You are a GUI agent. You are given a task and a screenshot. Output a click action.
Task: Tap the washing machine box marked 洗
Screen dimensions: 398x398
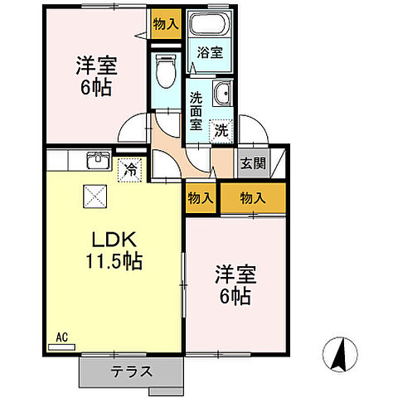pyautogui.click(x=221, y=129)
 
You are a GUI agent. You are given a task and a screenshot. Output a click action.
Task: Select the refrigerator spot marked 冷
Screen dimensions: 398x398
pyautogui.click(x=130, y=169)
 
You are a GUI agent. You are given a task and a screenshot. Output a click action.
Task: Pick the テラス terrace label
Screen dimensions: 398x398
pyautogui.click(x=131, y=371)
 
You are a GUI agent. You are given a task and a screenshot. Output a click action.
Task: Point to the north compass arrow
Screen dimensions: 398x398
pyautogui.click(x=339, y=354)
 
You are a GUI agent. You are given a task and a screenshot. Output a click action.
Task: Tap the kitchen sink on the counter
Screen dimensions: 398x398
pyautogui.click(x=98, y=158)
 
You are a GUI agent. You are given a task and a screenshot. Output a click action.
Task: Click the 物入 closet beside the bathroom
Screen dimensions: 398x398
pyautogui.click(x=165, y=24)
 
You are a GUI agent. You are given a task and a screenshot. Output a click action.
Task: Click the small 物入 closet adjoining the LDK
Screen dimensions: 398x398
pyautogui.click(x=200, y=198)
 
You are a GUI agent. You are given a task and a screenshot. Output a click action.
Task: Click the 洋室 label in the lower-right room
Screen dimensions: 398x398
pyautogui.click(x=235, y=273)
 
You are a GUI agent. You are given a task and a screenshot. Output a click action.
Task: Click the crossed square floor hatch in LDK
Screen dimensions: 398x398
pyautogui.click(x=94, y=197)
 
